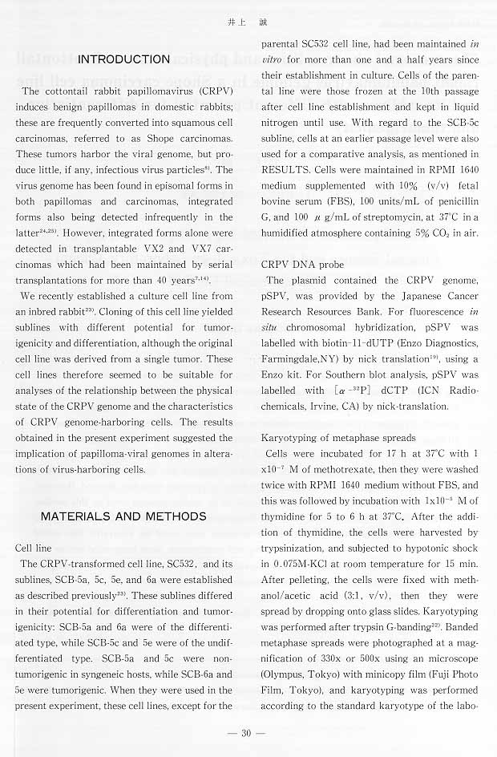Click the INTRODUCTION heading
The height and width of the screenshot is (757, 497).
(x=124, y=59)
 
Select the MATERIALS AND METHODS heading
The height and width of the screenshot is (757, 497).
(x=123, y=516)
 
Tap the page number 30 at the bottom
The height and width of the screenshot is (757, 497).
(x=247, y=733)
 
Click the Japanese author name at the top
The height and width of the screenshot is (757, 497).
(x=248, y=23)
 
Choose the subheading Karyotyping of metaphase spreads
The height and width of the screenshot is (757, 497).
(x=339, y=437)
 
